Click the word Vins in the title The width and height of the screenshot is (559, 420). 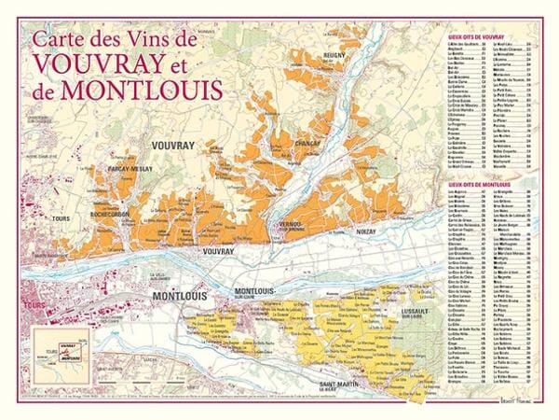[155, 39]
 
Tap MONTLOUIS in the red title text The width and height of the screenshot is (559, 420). [154, 91]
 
